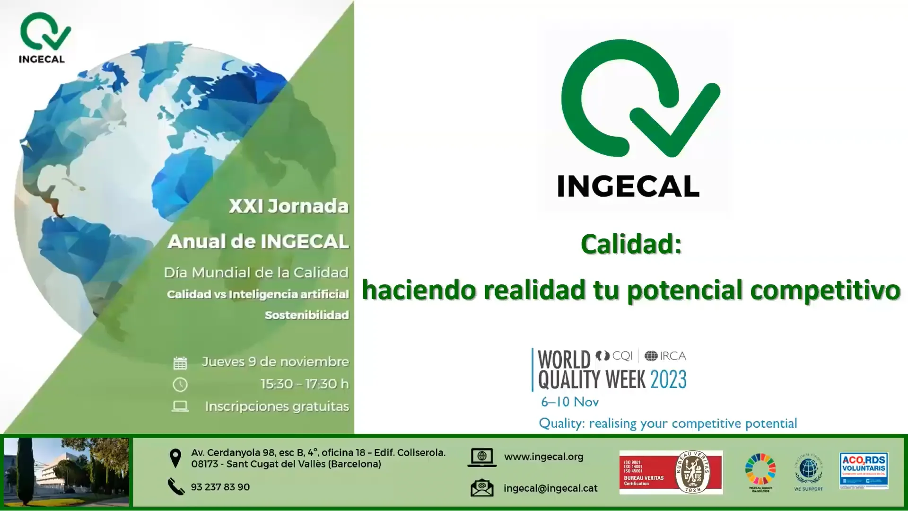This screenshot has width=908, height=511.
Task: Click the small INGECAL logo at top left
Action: [43, 37]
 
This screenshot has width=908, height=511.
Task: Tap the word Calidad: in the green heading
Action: [631, 245]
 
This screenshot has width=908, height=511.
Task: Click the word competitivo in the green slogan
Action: [825, 290]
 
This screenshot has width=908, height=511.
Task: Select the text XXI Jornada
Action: [288, 206]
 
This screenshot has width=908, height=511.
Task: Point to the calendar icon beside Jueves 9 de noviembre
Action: [180, 363]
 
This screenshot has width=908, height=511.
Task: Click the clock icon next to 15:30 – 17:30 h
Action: [180, 385]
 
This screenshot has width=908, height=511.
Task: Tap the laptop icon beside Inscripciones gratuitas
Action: [180, 406]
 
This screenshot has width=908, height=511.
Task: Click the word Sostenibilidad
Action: [306, 315]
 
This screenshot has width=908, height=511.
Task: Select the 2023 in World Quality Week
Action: [668, 379]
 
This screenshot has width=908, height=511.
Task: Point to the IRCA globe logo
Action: [651, 356]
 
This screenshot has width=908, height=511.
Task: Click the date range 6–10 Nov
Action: [570, 402]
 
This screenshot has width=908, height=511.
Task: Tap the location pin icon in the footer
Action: [175, 458]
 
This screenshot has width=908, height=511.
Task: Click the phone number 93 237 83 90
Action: [220, 487]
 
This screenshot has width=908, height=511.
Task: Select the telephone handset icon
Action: [176, 486]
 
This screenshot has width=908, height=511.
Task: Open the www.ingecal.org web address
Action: [543, 457]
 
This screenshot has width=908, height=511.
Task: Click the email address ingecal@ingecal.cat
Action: [550, 488]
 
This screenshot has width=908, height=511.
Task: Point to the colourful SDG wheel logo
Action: [760, 469]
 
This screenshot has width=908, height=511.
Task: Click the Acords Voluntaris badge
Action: [864, 470]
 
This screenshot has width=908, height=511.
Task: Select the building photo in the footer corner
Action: [66, 472]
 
